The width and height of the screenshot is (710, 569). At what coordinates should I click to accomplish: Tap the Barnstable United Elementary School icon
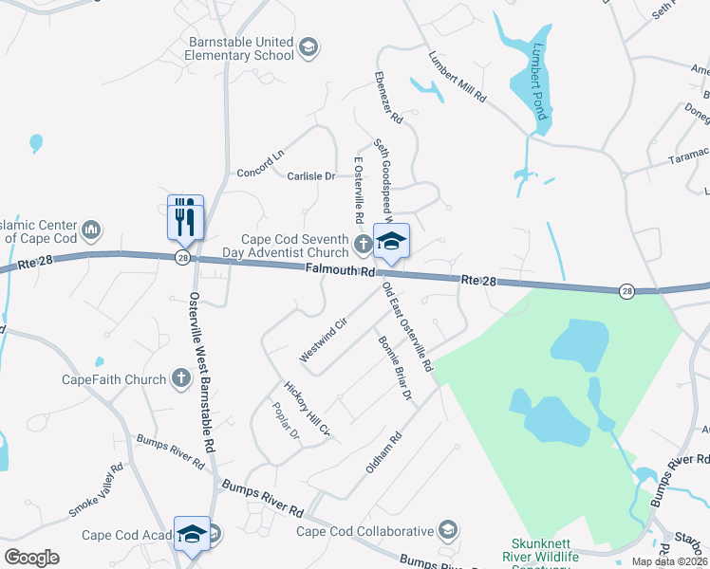(x=308, y=46)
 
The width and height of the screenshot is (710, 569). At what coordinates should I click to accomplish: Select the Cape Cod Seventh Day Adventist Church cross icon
(x=362, y=246)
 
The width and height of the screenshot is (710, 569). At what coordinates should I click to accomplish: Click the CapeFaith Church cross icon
(x=180, y=379)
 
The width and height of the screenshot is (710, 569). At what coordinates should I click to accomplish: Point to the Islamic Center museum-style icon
(x=91, y=229)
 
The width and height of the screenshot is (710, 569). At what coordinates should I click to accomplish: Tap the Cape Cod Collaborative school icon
(x=447, y=530)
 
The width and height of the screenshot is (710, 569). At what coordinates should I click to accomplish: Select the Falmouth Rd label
(x=340, y=272)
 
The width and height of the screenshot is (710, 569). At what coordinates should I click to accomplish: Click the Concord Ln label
(x=260, y=163)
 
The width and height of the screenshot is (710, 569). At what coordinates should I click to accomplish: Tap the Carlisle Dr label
(x=310, y=176)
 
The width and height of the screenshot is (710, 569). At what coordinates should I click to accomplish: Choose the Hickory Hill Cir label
(x=308, y=409)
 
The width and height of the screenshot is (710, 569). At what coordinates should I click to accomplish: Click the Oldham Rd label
(x=383, y=453)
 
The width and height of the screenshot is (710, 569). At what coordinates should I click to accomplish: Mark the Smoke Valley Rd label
(x=95, y=490)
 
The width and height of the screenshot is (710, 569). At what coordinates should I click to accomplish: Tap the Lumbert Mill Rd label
(x=457, y=76)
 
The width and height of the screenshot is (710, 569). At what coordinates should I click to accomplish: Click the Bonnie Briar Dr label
(x=396, y=367)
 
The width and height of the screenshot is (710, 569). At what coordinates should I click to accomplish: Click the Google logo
(x=31, y=557)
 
